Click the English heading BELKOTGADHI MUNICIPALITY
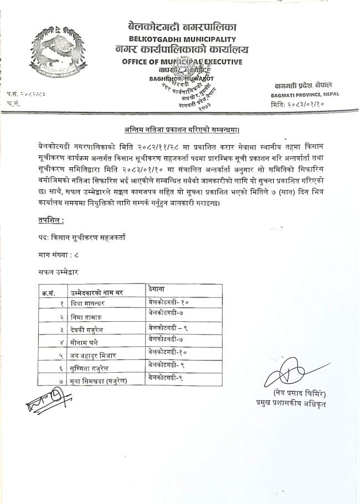182,39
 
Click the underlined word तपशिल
47,220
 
